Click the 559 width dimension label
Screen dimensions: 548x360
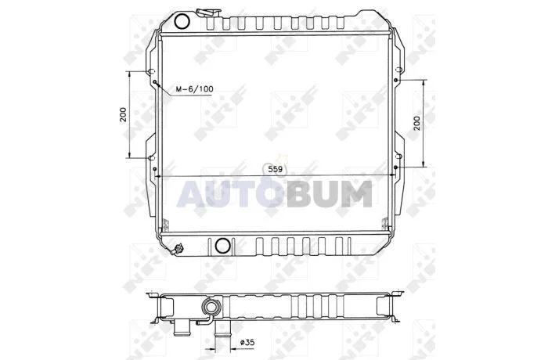coord(275,170)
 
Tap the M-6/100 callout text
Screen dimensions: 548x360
coord(194,89)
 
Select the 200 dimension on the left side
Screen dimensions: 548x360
coord(123,114)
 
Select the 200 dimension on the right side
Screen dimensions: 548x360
coord(416,123)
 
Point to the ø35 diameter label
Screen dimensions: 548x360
coord(247,342)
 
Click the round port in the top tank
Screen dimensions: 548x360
coord(182,22)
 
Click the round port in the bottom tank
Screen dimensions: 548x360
coord(222,246)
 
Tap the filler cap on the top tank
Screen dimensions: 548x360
coord(208,13)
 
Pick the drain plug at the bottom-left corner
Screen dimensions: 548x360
coord(178,249)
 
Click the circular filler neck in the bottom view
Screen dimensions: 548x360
coord(211,308)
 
